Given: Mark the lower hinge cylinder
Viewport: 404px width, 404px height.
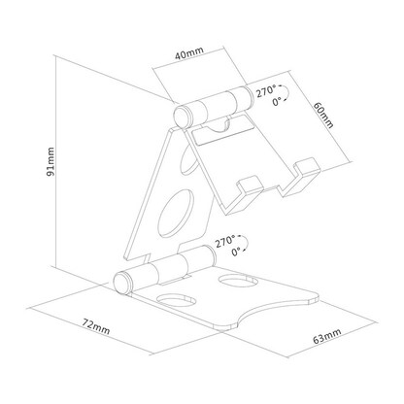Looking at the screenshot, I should pos(164,269).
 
